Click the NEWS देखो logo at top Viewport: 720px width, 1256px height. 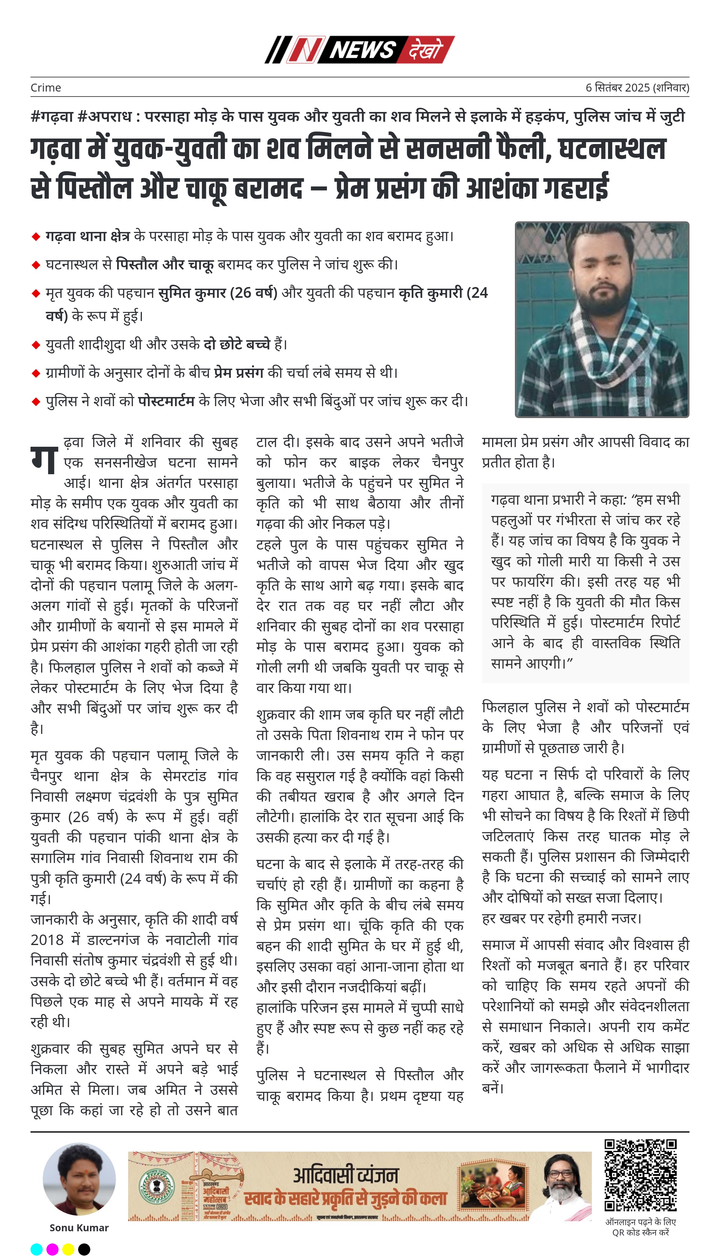click(x=359, y=49)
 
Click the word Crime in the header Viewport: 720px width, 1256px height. click(x=46, y=88)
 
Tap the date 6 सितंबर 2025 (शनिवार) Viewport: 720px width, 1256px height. click(x=637, y=88)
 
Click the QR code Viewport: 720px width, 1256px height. click(x=640, y=1175)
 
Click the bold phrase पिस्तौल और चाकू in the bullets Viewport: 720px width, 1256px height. click(x=165, y=265)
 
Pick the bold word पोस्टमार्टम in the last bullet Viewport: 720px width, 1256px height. click(x=166, y=401)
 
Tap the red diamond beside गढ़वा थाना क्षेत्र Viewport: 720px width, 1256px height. click(x=36, y=236)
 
